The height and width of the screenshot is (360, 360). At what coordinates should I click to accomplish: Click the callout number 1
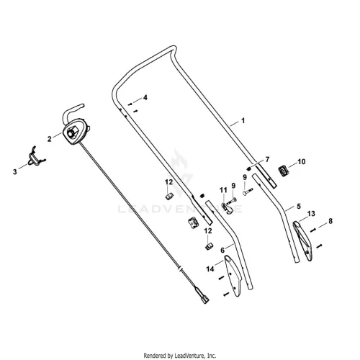point(243,120)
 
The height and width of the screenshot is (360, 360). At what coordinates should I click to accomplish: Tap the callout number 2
point(50,139)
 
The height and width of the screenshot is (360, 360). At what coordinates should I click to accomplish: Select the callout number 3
point(15,172)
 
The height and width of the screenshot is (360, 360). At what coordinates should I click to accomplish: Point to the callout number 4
point(145,98)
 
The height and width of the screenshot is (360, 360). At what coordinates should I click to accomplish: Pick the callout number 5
point(299,206)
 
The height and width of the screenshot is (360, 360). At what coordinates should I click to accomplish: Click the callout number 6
point(222,251)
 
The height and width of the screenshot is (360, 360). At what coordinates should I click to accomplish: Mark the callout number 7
point(267,159)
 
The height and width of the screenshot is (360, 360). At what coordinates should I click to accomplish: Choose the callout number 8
point(330,221)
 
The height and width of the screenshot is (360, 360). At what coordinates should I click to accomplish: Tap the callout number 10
point(302,162)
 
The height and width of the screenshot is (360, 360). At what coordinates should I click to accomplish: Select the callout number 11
point(223,190)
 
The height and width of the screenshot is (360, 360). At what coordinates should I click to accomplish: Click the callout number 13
point(311,213)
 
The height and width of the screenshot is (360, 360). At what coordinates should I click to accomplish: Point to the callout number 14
point(210,269)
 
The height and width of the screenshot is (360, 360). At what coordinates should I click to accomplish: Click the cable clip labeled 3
point(37,157)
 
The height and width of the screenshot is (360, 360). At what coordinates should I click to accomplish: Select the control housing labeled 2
point(76,132)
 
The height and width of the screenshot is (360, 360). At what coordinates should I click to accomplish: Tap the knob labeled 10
point(284,171)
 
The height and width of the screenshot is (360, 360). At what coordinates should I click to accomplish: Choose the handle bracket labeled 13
point(303,241)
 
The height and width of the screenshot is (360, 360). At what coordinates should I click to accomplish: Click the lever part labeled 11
point(227,207)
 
